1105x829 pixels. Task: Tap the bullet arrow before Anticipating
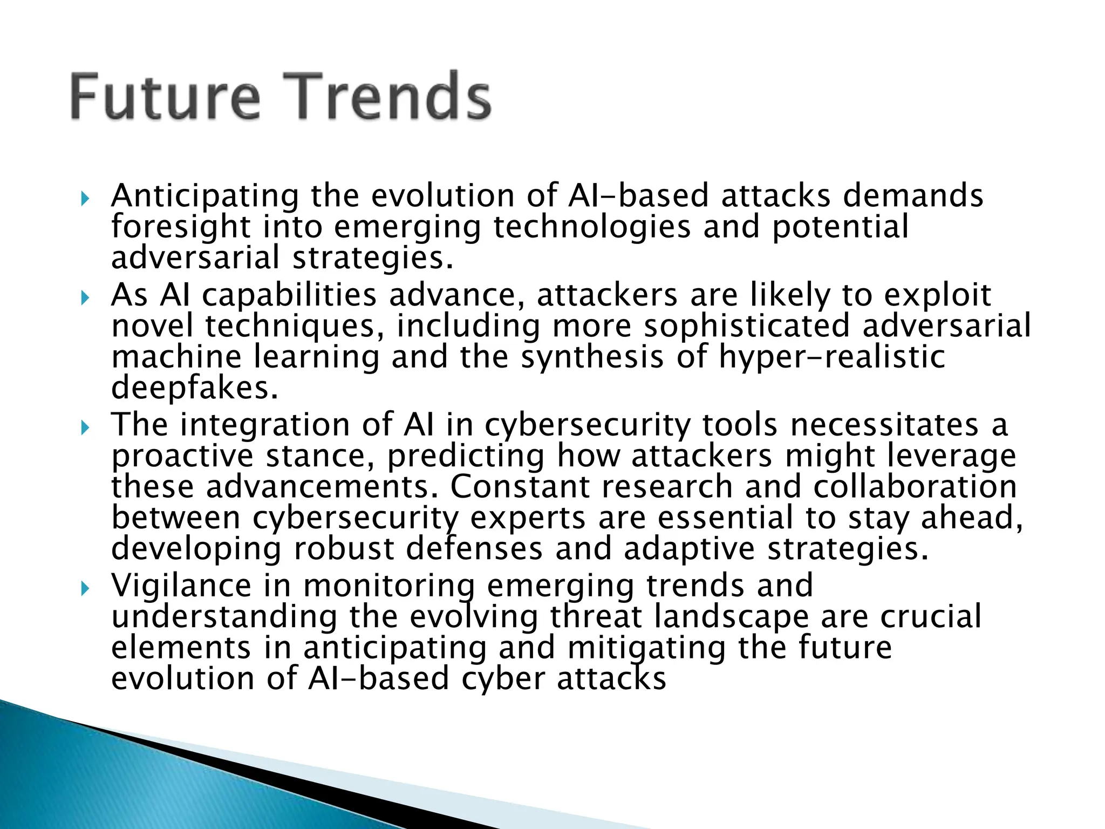[84, 200]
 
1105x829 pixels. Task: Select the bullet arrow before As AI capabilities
[84, 298]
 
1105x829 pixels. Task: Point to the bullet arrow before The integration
[84, 429]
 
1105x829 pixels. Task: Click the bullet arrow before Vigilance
[84, 589]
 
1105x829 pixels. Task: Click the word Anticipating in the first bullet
[204, 196]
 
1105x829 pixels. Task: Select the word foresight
[181, 227]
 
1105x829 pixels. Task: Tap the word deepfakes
[194, 388]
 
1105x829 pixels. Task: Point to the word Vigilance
[181, 586]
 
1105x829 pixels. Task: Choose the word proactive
[182, 457]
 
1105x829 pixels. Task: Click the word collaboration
[915, 487]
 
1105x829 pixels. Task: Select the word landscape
[731, 617]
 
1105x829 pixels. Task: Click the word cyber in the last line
[502, 679]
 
